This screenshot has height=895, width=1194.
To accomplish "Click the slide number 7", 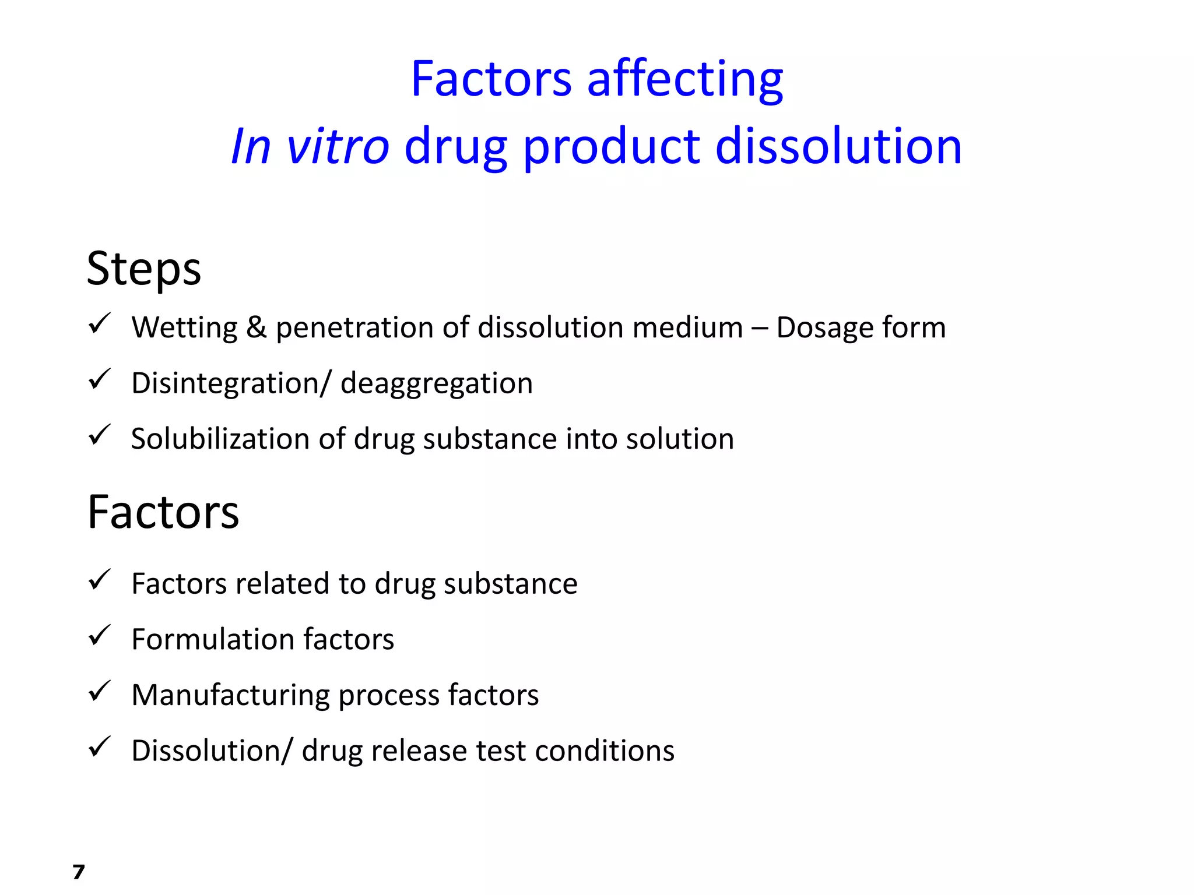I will point(79,872).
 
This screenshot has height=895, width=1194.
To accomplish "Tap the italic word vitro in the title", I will point(338,146).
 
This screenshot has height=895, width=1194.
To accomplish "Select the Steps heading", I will point(144,269).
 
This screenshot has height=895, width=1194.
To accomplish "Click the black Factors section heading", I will point(163,512).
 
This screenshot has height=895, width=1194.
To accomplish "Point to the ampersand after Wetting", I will point(257,327).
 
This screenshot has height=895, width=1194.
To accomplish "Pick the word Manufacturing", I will point(230,695).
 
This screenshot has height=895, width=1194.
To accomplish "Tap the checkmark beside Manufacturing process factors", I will point(100,691).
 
